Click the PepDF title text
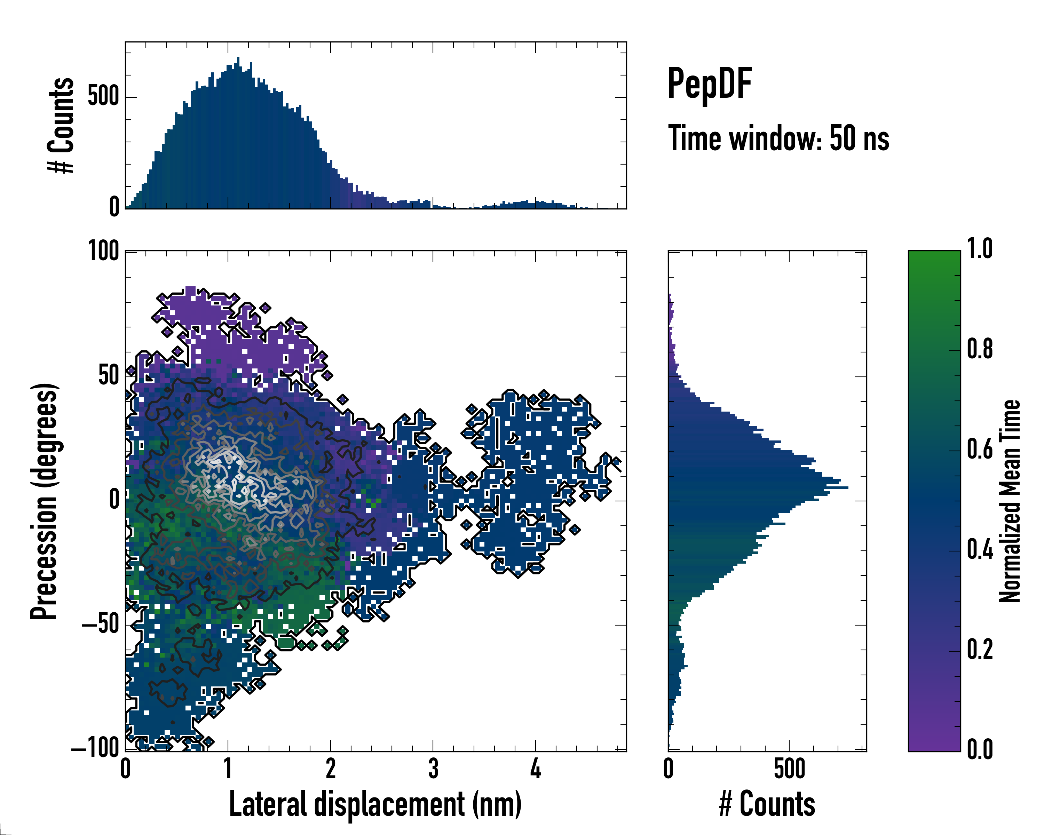click(x=709, y=84)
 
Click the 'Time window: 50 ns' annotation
click(x=778, y=138)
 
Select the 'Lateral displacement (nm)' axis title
click(x=375, y=804)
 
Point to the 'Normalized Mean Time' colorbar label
click(x=1010, y=501)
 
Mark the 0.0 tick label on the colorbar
click(x=980, y=749)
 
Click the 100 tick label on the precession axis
click(x=103, y=252)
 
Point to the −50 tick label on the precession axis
click(x=100, y=625)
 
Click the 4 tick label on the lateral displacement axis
click(x=535, y=770)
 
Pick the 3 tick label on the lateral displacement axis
click(x=433, y=770)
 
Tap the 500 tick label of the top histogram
click(x=103, y=97)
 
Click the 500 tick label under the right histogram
click(x=789, y=770)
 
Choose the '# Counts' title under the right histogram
click(x=767, y=804)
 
